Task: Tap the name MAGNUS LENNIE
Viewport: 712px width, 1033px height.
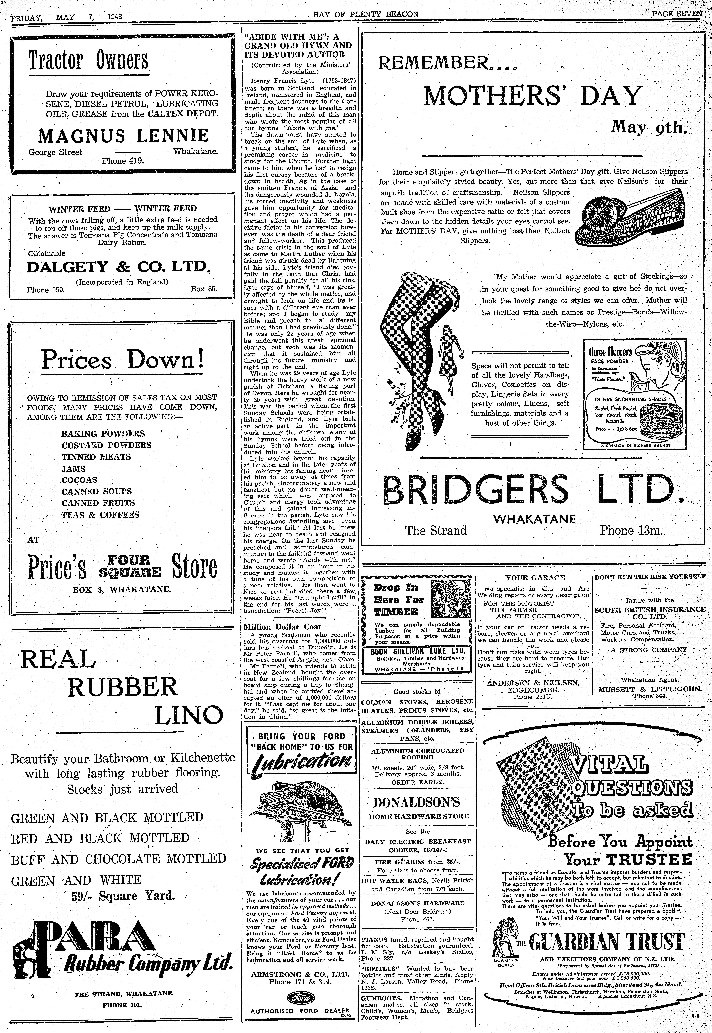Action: pos(123,136)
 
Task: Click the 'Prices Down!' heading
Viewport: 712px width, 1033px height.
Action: pos(122,359)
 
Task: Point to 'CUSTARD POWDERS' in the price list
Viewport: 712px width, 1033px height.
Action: pos(106,445)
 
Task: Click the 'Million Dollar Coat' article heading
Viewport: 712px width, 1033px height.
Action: pos(282,626)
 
